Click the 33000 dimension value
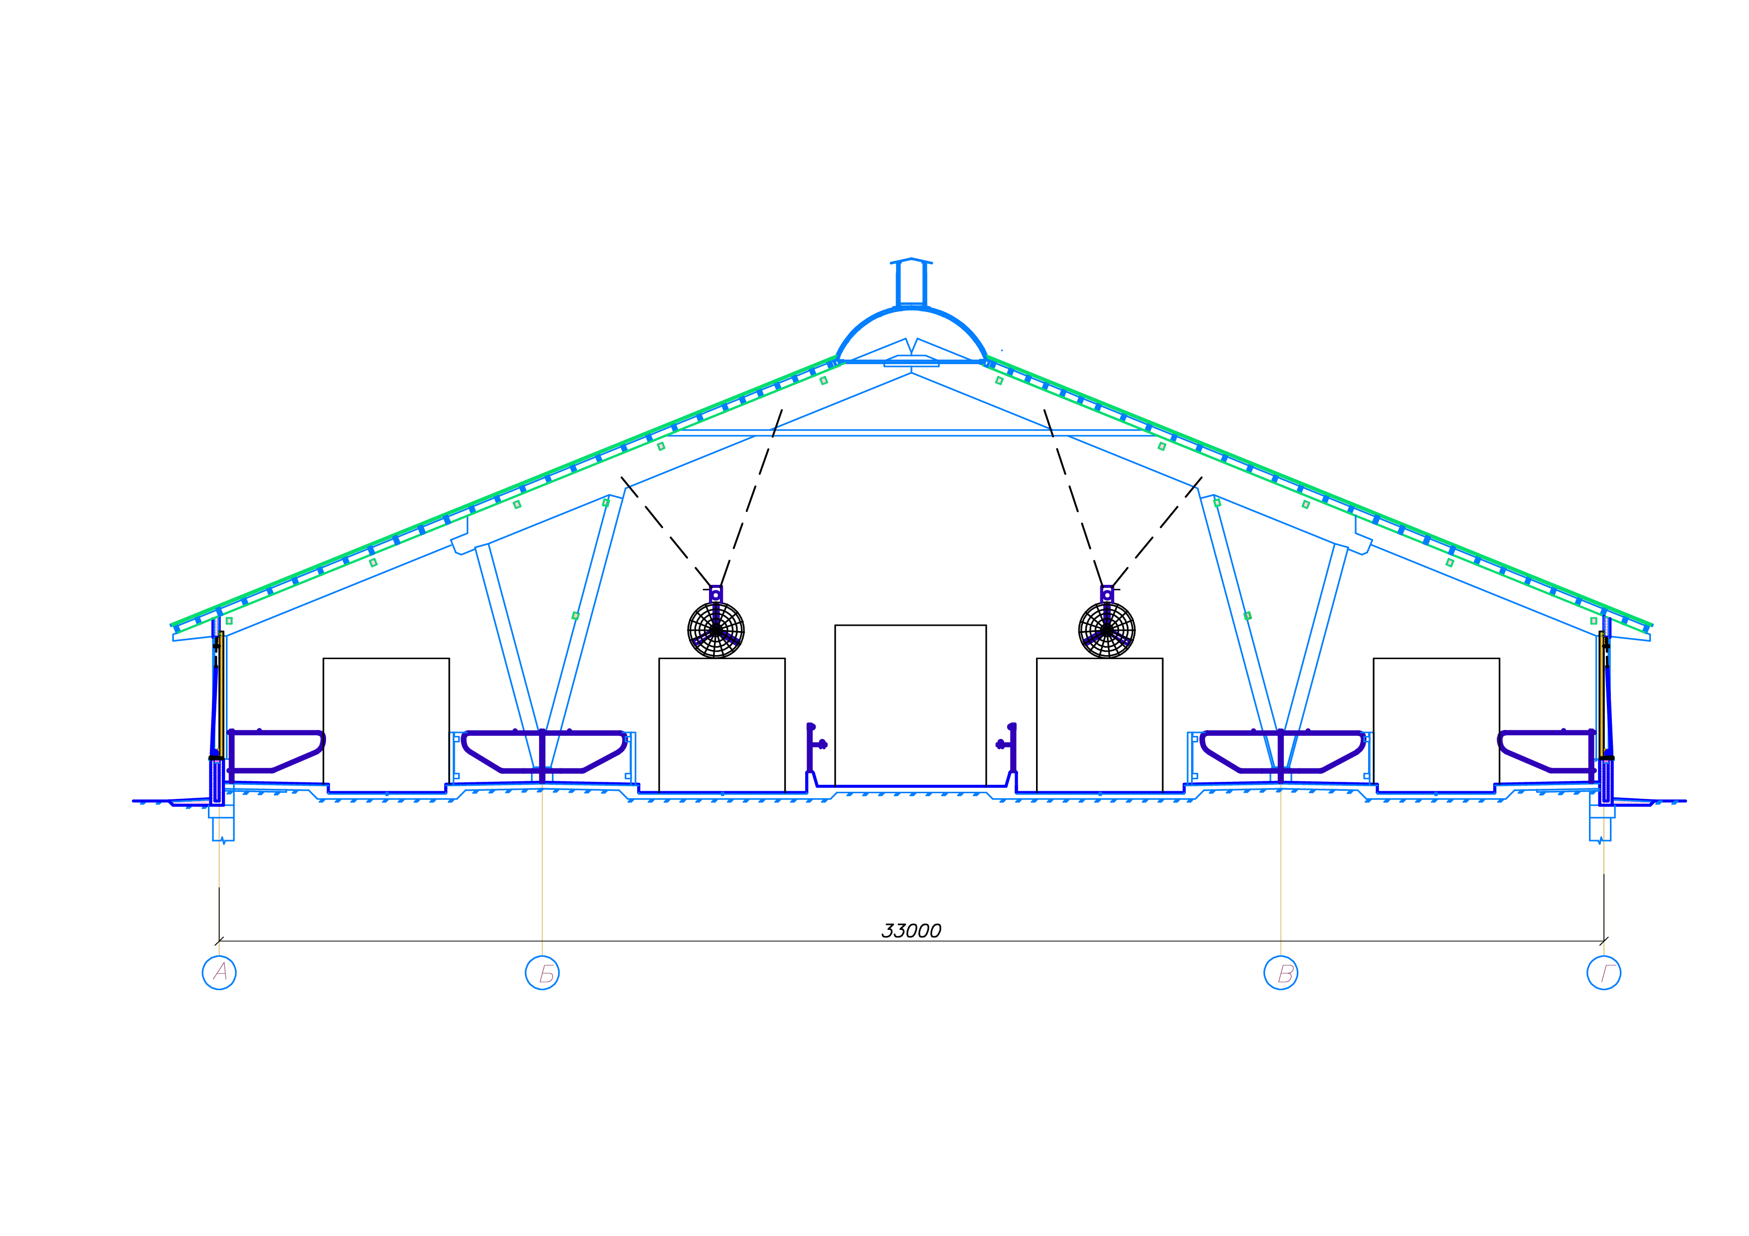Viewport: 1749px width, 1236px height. click(x=911, y=931)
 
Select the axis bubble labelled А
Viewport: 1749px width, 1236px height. click(x=219, y=973)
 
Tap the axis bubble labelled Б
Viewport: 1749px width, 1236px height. click(x=542, y=973)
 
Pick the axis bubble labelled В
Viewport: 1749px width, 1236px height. click(x=1280, y=973)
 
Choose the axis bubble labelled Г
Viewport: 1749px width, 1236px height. click(x=1603, y=973)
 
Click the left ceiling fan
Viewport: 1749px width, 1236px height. click(x=716, y=630)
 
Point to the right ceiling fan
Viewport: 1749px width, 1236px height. click(x=1107, y=630)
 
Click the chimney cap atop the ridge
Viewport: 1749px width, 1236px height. click(x=911, y=262)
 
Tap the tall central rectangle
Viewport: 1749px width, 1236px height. click(x=910, y=705)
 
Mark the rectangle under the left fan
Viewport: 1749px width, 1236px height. click(x=721, y=725)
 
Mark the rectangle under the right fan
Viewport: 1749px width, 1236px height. click(x=1099, y=725)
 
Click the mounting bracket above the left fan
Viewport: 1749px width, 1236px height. click(x=716, y=594)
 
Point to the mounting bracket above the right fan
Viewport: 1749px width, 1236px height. click(x=1107, y=594)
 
